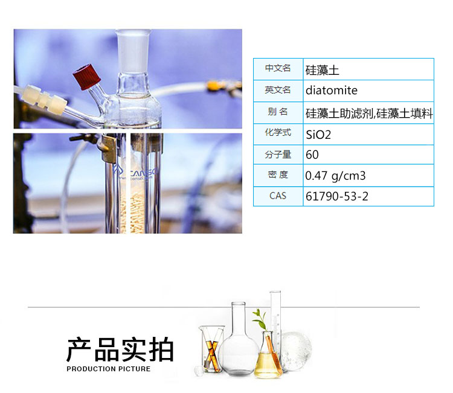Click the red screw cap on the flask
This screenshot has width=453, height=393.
[x=86, y=77]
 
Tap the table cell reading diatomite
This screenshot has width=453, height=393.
[x=332, y=91]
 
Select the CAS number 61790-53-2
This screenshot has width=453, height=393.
[x=337, y=196]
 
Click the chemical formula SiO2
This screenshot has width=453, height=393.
[x=318, y=135]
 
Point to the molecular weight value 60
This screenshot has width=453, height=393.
[x=312, y=155]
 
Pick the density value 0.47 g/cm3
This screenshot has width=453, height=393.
[x=335, y=176]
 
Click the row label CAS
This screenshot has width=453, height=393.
[x=278, y=196]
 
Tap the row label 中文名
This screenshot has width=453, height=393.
[x=278, y=68]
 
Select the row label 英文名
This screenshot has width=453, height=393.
[x=278, y=90]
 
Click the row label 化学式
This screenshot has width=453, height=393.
[x=278, y=133]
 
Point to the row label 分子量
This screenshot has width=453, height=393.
[x=278, y=155]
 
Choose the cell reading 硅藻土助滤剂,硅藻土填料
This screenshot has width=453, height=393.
[x=369, y=113]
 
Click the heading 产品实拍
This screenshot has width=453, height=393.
[x=120, y=350]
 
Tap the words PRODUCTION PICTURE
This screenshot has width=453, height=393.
[x=109, y=369]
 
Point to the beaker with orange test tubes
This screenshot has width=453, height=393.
[x=212, y=349]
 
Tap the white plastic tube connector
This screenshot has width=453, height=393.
[x=45, y=99]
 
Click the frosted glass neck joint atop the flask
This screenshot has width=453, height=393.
[x=133, y=51]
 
